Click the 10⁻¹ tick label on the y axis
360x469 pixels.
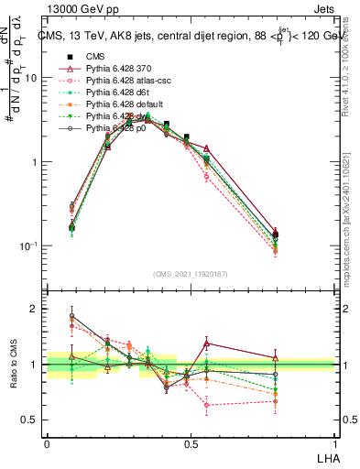(30, 246)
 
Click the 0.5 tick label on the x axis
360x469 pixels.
(190, 442)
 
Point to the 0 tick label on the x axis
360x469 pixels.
(47, 442)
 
